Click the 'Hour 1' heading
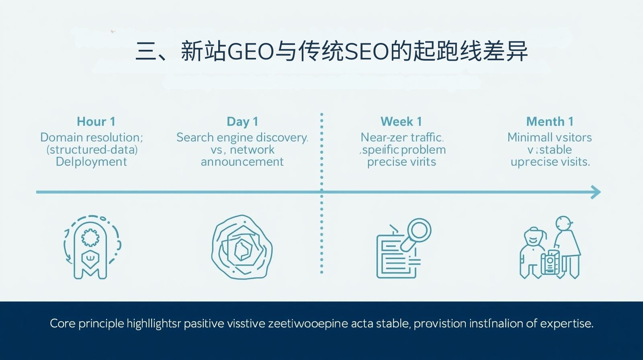coord(96,121)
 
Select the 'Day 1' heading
coord(242,121)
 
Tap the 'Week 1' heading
coord(401,121)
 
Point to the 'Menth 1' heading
coord(549,121)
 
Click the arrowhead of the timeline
coord(597,192)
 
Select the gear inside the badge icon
coord(91,237)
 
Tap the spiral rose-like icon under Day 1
coord(242,247)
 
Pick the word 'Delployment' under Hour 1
coord(91,162)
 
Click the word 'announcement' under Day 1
coord(242,162)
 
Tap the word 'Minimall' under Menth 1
coord(527,137)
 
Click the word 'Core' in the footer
coord(62,323)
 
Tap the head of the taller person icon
coord(563,223)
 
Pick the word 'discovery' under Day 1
coord(282,138)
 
